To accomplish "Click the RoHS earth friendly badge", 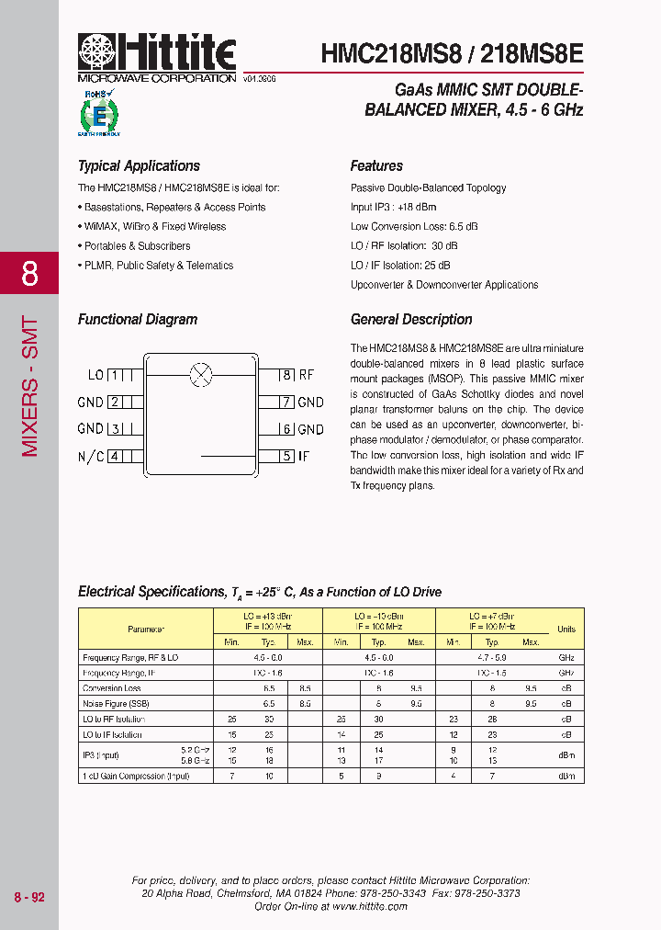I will pyautogui.click(x=99, y=113).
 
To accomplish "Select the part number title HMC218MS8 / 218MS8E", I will pyautogui.click(x=452, y=54).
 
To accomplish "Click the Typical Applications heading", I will pyautogui.click(x=139, y=166).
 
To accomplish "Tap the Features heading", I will pyautogui.click(x=376, y=166).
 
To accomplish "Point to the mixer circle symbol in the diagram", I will pyautogui.click(x=200, y=374).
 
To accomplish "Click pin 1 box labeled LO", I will pyautogui.click(x=115, y=375).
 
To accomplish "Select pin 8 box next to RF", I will pyautogui.click(x=286, y=375).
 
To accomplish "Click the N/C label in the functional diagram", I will pyautogui.click(x=91, y=456).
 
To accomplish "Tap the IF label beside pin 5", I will pyautogui.click(x=306, y=456).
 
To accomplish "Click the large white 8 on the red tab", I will pyautogui.click(x=29, y=274).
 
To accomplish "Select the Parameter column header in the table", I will pyautogui.click(x=146, y=629).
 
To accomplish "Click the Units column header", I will pyautogui.click(x=566, y=629).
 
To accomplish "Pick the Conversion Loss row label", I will pyautogui.click(x=112, y=688).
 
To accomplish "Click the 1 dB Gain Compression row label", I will pyautogui.click(x=136, y=777).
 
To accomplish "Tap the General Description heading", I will pyautogui.click(x=411, y=320).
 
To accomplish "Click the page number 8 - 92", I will pyautogui.click(x=29, y=897).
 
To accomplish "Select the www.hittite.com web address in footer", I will pyautogui.click(x=370, y=906).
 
